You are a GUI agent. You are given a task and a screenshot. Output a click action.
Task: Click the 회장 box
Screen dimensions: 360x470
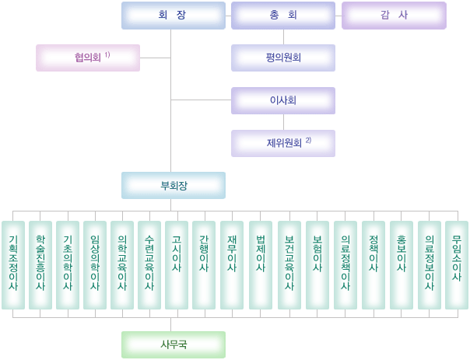click(173, 16)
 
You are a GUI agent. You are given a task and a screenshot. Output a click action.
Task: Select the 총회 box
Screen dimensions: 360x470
click(282, 16)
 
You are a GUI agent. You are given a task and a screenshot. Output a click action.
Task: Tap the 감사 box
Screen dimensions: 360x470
click(394, 16)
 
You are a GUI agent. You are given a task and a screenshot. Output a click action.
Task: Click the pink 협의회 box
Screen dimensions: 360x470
click(88, 58)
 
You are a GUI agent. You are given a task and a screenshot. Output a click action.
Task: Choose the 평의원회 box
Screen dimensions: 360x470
click(282, 58)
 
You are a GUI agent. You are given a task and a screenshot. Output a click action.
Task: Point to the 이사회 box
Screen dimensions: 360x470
click(282, 100)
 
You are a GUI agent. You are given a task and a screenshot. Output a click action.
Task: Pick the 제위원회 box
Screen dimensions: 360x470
click(282, 143)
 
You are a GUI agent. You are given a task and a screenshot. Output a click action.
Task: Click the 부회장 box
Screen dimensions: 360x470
click(173, 186)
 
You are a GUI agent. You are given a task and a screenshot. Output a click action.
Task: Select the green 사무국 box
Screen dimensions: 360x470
click(173, 344)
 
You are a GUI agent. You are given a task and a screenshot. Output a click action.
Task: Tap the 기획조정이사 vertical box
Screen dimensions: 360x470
click(13, 264)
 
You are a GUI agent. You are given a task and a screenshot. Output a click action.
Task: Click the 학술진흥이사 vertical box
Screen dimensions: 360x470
click(40, 264)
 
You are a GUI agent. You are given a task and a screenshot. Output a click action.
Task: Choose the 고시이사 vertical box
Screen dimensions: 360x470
click(177, 264)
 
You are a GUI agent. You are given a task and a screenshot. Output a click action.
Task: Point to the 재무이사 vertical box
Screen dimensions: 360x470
click(232, 264)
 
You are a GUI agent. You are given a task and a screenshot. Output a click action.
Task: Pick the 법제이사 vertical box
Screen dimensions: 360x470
click(261, 264)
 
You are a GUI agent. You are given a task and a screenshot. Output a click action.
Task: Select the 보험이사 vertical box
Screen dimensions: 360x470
click(317, 264)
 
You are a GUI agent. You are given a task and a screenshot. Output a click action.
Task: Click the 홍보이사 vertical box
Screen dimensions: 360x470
click(402, 264)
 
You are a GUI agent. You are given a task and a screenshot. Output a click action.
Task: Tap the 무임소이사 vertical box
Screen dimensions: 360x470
click(457, 264)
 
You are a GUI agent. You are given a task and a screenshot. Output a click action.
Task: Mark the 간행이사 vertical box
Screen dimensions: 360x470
click(204, 264)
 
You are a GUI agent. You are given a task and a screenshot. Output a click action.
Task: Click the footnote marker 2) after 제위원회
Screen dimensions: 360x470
click(308, 141)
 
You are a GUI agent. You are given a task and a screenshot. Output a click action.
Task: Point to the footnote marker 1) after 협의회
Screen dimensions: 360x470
click(107, 55)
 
